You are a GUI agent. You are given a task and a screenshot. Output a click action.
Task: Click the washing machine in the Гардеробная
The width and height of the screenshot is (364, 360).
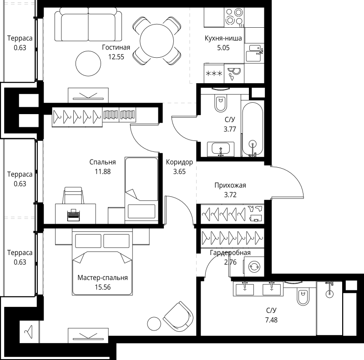(253, 266)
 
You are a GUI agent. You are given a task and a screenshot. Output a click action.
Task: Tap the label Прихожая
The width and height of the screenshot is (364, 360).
(230, 185)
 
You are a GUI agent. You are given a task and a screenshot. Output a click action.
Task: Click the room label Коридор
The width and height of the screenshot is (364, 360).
(179, 162)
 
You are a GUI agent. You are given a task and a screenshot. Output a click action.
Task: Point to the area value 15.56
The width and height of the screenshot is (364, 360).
(102, 287)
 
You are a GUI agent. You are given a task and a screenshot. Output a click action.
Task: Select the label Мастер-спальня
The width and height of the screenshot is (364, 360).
(102, 278)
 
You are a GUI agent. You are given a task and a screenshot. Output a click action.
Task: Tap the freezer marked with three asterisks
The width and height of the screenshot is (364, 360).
(214, 73)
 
